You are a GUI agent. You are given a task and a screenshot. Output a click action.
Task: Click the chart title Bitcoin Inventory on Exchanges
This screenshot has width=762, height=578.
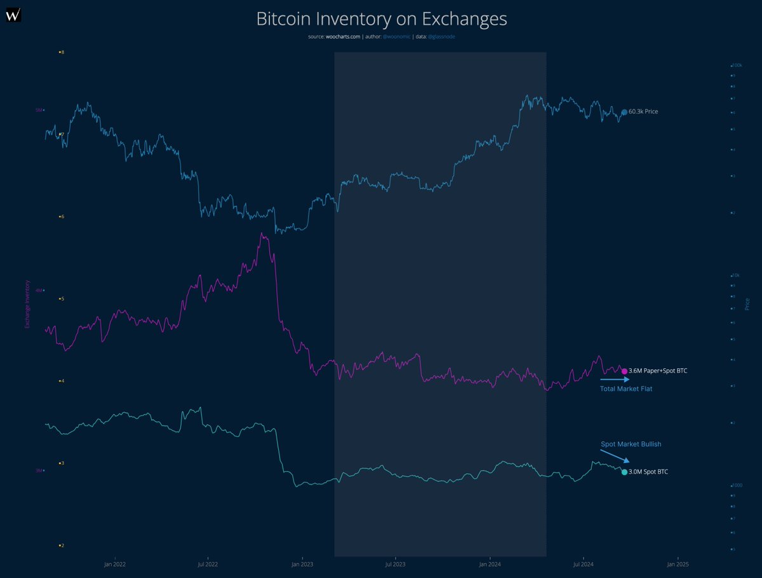(381, 18)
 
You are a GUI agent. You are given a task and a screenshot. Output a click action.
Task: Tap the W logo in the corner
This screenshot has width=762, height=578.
(13, 14)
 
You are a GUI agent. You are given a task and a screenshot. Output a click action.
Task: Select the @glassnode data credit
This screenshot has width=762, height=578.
(441, 37)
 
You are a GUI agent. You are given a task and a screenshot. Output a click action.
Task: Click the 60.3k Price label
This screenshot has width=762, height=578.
(643, 112)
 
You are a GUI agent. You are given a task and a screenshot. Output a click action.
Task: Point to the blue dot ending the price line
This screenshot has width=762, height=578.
(624, 112)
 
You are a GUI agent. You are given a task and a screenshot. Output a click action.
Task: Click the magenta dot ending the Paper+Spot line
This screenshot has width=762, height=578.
(624, 371)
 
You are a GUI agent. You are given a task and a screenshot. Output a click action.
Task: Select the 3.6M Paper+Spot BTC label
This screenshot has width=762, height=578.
(657, 371)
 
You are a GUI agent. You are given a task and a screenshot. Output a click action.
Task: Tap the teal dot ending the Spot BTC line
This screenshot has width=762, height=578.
(624, 472)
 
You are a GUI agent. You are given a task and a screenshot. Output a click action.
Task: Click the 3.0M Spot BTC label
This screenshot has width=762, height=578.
(648, 472)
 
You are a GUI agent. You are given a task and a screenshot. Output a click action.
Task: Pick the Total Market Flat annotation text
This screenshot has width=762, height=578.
(626, 388)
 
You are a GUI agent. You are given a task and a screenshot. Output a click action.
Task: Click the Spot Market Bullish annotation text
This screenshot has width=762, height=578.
(627, 444)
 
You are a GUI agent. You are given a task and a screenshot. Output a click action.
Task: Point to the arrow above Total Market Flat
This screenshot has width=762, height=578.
(615, 379)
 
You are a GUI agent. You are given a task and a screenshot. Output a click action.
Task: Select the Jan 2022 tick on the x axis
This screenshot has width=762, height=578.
(114, 564)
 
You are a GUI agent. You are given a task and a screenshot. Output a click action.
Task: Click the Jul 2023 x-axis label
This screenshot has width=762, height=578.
(395, 564)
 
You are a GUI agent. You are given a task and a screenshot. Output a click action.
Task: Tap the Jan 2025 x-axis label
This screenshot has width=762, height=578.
(677, 564)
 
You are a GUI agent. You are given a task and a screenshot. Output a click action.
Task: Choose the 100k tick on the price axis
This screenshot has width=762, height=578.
(737, 65)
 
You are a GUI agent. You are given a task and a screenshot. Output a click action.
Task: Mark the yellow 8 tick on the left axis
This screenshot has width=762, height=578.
(62, 52)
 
